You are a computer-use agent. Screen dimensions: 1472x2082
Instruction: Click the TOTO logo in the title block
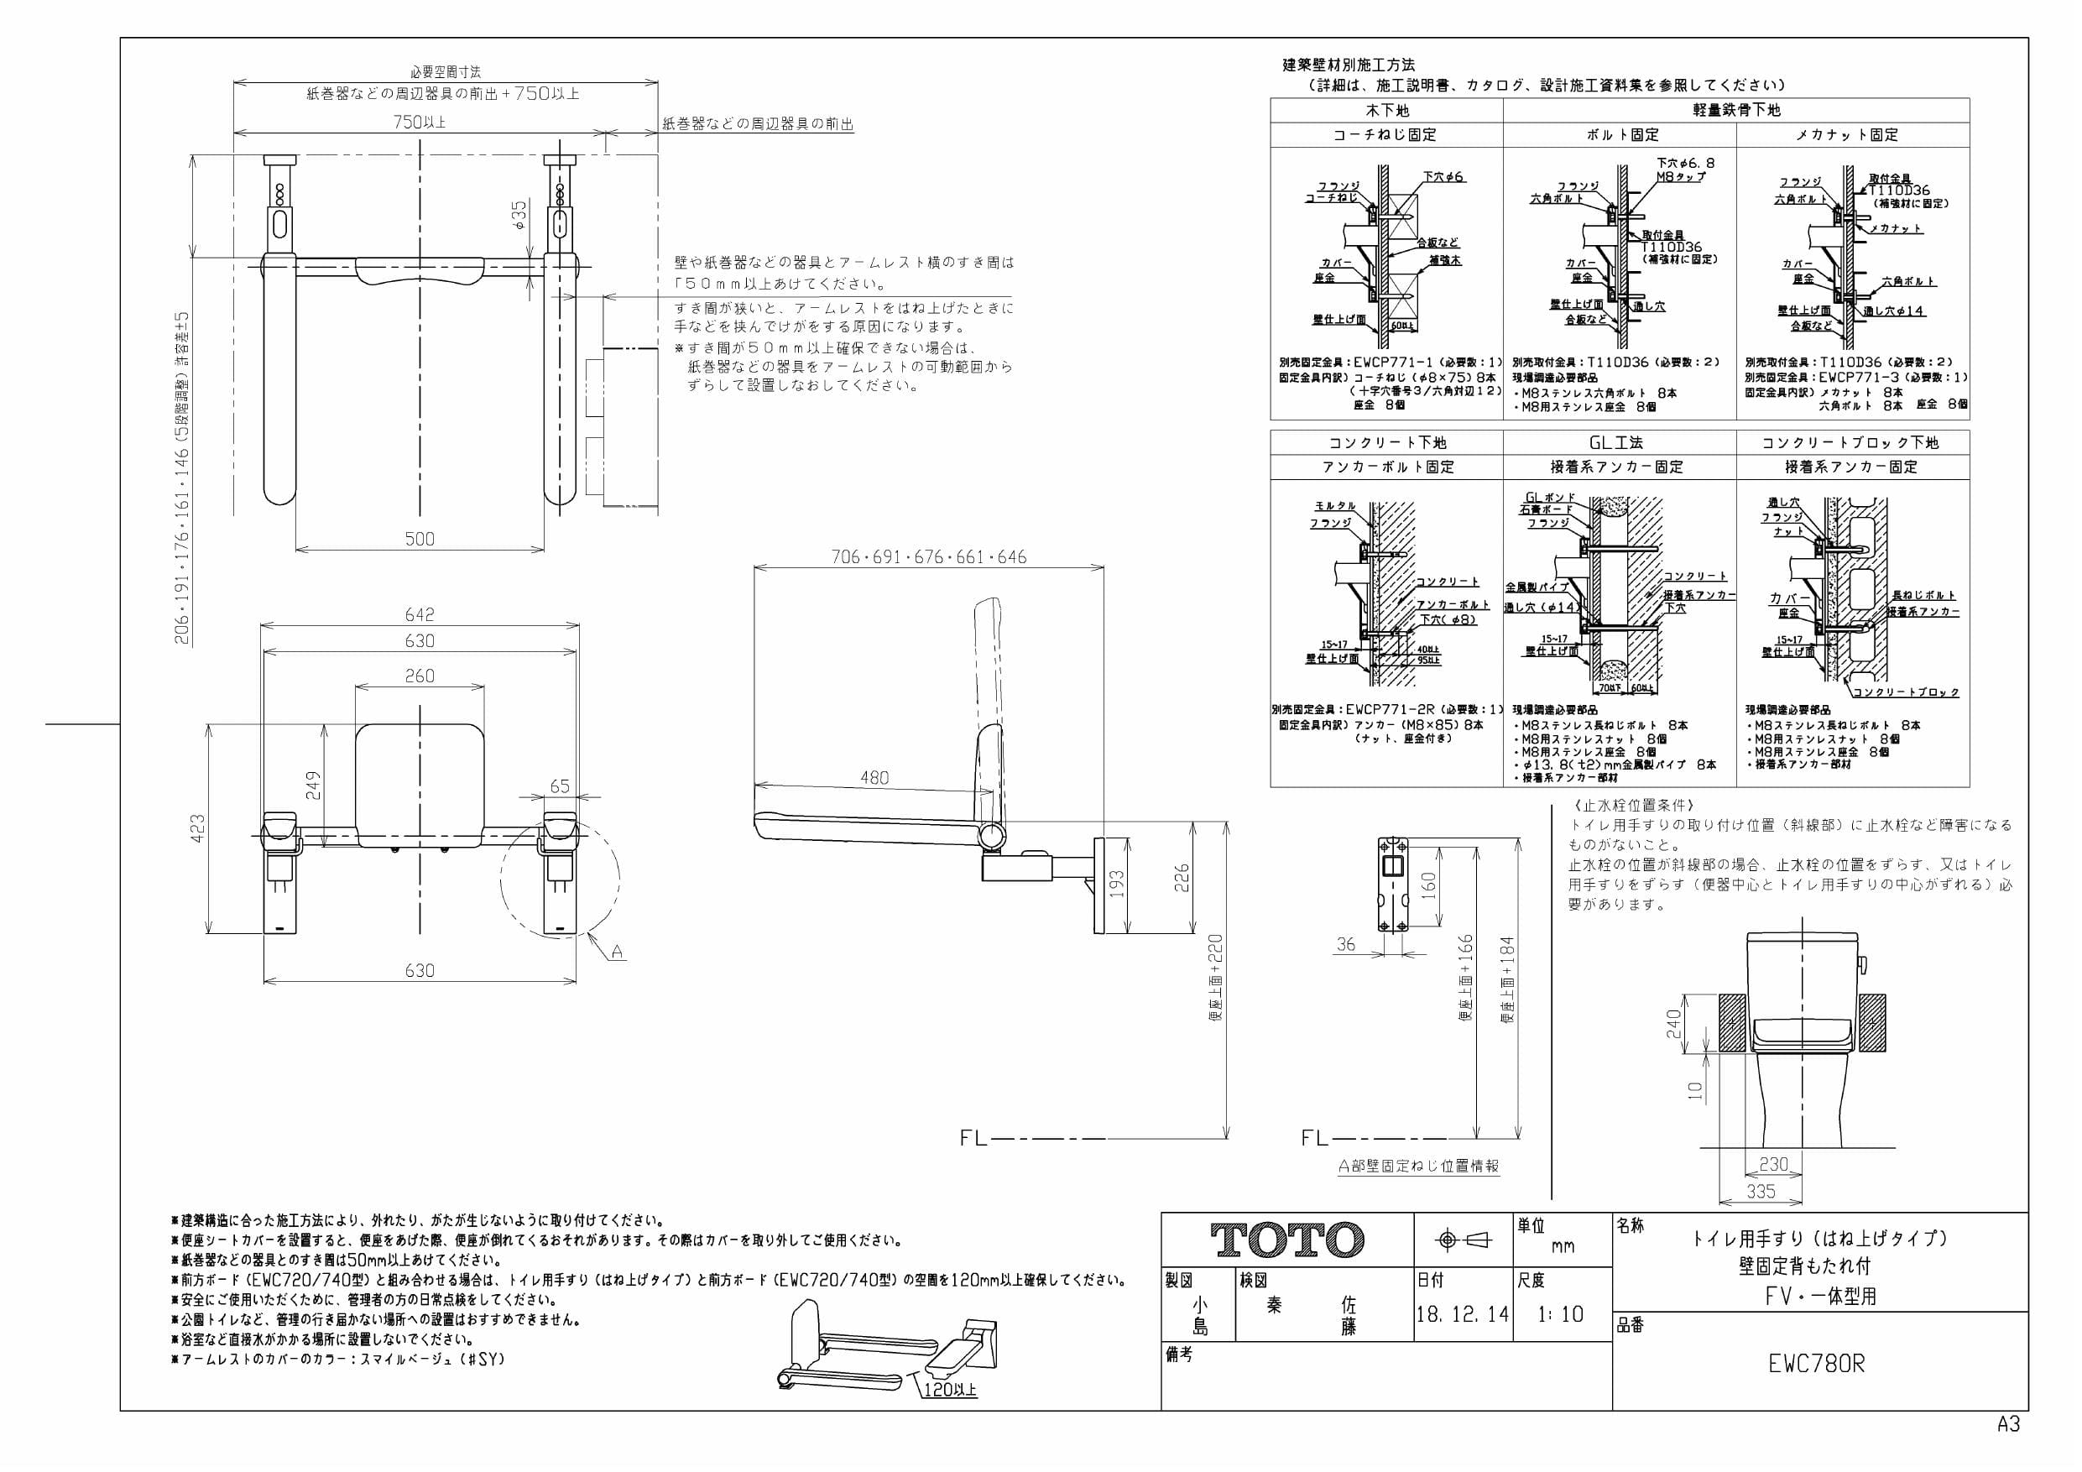[x=1287, y=1240]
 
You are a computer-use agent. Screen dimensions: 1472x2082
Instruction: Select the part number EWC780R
[x=1816, y=1364]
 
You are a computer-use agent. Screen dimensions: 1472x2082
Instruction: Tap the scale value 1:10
[x=1560, y=1314]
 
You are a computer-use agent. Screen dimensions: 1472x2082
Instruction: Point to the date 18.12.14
[x=1462, y=1314]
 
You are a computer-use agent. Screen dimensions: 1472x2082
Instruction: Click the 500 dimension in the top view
[x=419, y=539]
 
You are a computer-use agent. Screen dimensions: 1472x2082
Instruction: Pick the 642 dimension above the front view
[x=419, y=615]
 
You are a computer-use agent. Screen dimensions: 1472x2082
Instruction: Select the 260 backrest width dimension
[x=419, y=676]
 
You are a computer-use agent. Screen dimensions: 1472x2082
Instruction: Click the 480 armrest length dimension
[x=874, y=777]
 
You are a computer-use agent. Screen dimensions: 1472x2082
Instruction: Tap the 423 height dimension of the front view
[x=198, y=828]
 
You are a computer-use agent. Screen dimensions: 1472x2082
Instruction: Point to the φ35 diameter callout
[x=519, y=214]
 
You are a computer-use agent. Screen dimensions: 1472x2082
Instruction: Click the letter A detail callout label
[x=617, y=952]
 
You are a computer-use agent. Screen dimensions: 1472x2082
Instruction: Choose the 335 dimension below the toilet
[x=1760, y=1191]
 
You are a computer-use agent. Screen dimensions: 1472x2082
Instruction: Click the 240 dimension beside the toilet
[x=1673, y=1024]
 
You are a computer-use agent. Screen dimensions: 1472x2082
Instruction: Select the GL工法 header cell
[x=1620, y=442]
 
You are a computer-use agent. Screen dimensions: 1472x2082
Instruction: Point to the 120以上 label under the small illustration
[x=949, y=1390]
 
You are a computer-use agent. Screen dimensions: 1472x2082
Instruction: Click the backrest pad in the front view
[x=419, y=780]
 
